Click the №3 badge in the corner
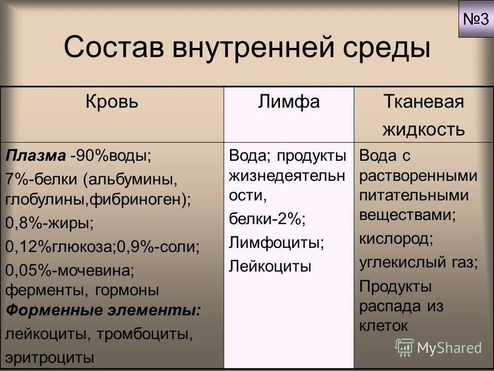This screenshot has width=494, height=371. [x=475, y=19]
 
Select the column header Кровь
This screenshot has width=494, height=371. [x=112, y=102]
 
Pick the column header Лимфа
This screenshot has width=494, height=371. [x=289, y=102]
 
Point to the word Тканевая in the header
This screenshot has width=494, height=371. [x=423, y=102]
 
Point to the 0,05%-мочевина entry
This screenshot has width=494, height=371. [x=69, y=269]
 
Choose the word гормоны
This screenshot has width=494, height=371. [x=127, y=290]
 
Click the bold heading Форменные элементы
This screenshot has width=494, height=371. [x=103, y=310]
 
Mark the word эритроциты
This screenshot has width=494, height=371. [x=50, y=357]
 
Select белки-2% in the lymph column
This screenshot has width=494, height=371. [x=267, y=218]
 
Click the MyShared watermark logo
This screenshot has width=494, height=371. [x=439, y=347]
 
